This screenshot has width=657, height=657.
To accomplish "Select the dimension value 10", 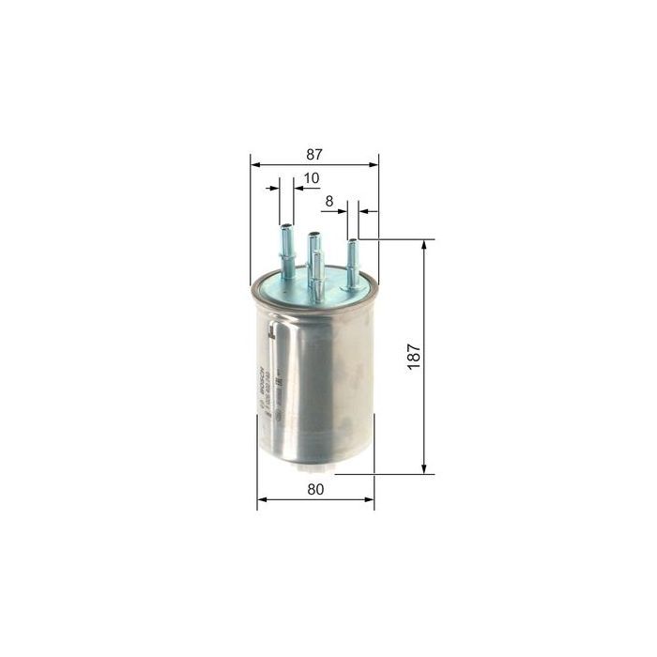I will pos(311,177).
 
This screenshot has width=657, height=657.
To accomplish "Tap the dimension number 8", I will pos(329,201).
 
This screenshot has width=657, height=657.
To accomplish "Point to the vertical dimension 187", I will pos(414,356).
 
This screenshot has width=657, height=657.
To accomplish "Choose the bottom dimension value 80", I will pos(315,489).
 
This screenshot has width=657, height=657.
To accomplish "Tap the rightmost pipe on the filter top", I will pos(353,262).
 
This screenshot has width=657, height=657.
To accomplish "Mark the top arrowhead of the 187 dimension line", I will pos(424,245).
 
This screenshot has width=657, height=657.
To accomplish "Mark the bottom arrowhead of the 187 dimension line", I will pos(424,468).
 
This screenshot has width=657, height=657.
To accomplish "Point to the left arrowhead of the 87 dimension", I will pos(255,162).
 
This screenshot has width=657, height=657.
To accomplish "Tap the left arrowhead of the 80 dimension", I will pos(262,499).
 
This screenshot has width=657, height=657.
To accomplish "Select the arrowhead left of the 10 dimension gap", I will pos(275,188).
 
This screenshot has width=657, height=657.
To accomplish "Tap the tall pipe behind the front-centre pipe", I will pos(312,253).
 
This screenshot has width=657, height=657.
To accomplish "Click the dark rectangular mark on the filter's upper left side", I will pos(270,330).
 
